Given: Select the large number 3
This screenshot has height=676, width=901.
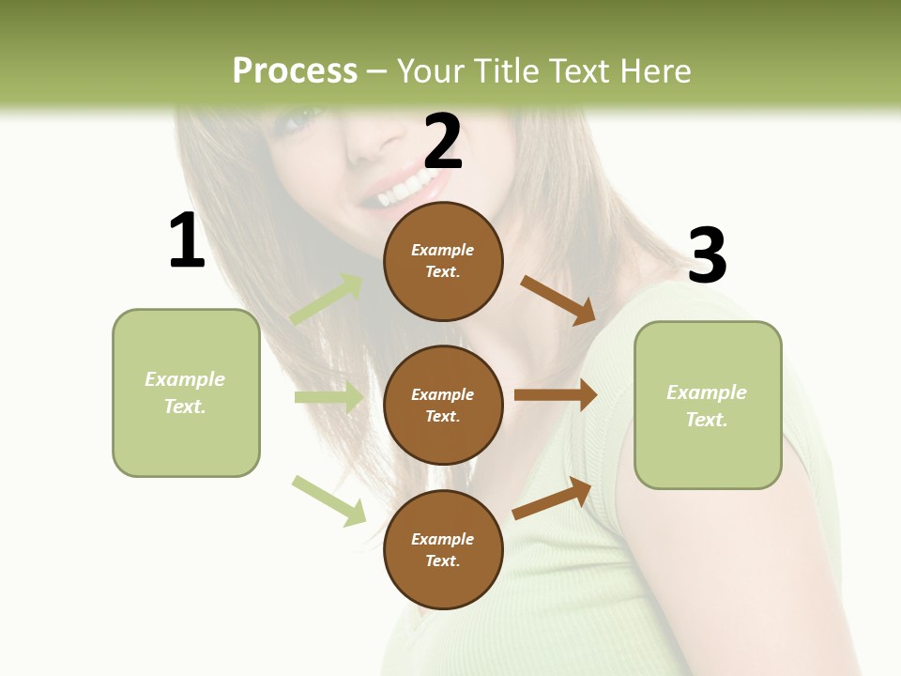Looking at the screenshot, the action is (707, 255).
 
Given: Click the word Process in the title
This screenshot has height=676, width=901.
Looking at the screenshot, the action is (295, 70).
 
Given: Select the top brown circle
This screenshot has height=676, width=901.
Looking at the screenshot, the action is (443, 261).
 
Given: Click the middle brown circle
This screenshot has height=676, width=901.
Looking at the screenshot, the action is (443, 406).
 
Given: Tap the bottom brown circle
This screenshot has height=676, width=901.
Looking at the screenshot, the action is (443, 550).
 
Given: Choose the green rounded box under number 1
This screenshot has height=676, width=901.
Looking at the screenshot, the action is (186, 392).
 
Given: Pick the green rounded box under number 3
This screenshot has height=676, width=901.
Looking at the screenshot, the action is (708, 406).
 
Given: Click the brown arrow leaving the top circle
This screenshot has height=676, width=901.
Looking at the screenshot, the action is (558, 300).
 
